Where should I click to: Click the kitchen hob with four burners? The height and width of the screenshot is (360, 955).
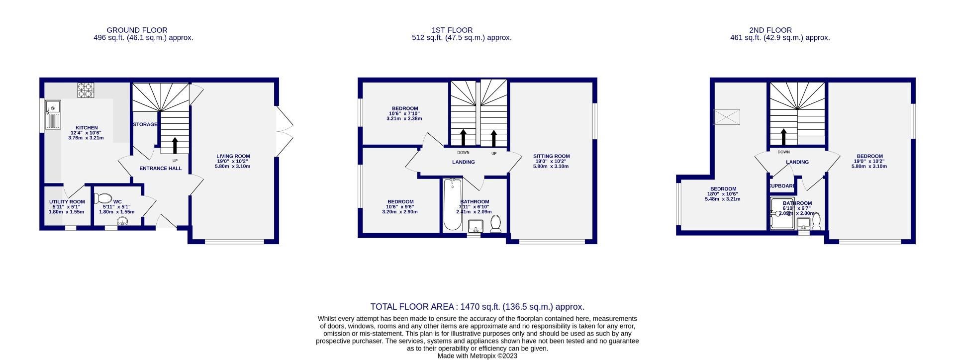pos(86,90)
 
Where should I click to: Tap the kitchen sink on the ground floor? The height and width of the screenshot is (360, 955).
pos(53,114)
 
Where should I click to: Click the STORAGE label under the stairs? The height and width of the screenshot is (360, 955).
pos(145,124)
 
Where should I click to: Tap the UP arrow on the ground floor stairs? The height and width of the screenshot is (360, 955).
pos(175,146)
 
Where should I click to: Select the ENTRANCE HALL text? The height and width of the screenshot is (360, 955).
pos(160,169)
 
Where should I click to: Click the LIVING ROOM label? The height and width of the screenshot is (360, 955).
pos(233,156)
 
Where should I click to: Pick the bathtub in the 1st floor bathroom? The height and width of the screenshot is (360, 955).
pos(453,205)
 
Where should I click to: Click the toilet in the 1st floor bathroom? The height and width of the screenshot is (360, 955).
pos(495,224)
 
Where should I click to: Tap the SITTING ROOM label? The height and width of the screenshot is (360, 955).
pos(551,156)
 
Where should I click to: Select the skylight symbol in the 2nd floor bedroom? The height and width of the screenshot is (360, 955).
pos(727,117)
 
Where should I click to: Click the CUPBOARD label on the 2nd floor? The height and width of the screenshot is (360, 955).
pos(782,186)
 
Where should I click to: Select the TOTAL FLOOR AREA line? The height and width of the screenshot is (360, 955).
pos(477,307)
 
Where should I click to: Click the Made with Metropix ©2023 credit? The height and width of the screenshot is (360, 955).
pos(477,356)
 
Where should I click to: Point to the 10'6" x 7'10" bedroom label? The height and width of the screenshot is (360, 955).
pos(404,113)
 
